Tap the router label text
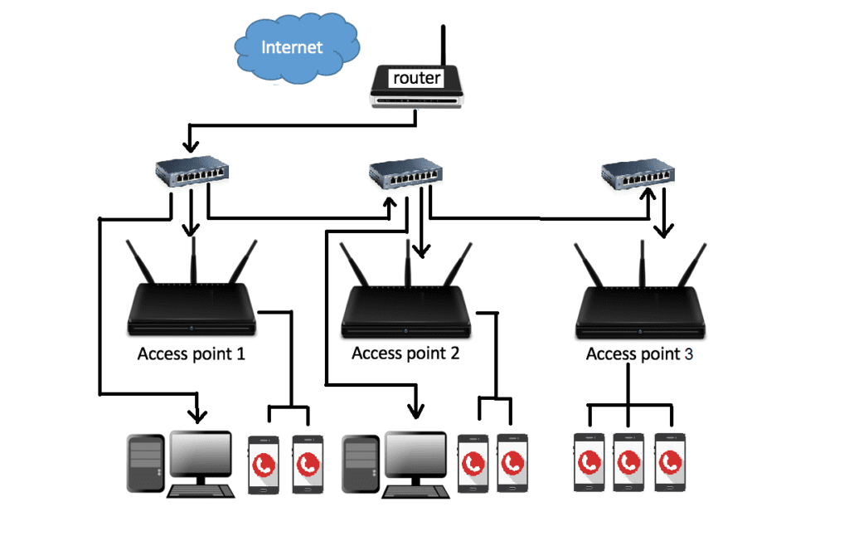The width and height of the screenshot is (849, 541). pos(416,78)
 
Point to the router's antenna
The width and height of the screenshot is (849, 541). pos(444,46)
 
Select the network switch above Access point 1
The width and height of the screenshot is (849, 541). pos(191,173)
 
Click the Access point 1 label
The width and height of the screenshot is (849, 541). pos(192,354)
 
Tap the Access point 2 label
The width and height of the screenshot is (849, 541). pos(405,353)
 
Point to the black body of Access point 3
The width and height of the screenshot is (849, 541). pos(640,310)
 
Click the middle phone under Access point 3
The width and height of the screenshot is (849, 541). pos(629,462)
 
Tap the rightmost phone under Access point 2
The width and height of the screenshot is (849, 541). pos(512,462)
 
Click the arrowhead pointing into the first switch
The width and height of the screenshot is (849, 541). pos(192,147)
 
